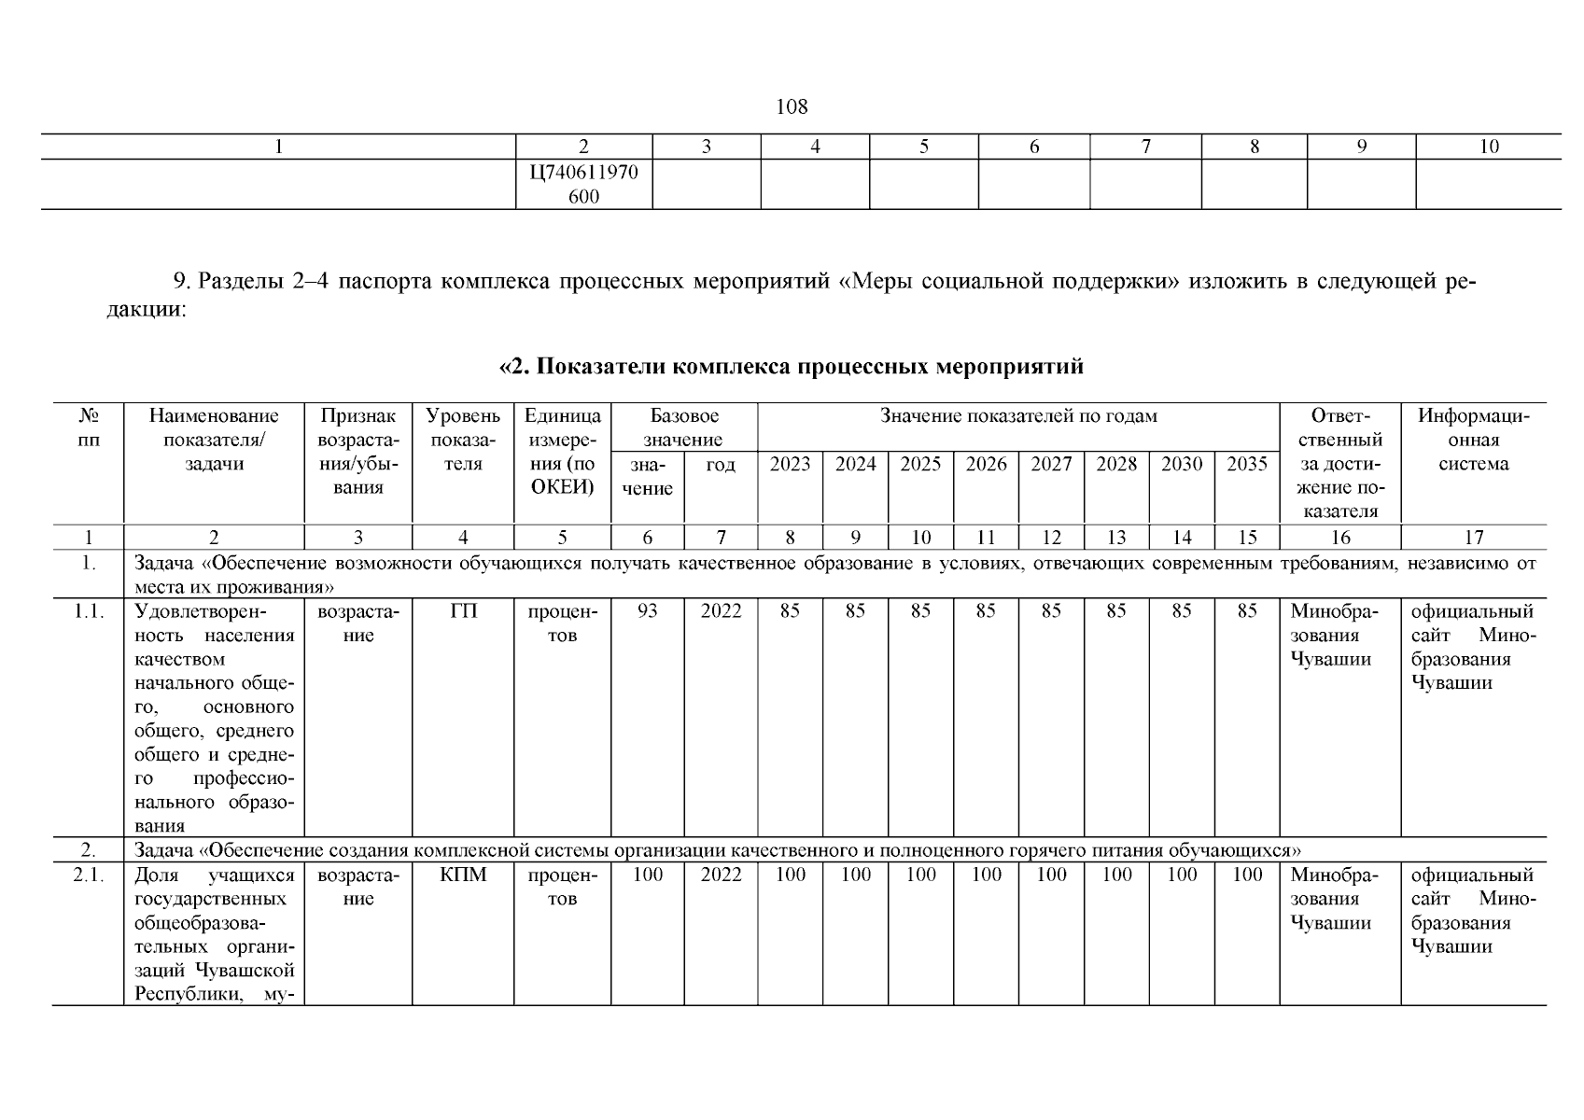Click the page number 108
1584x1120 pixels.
(x=792, y=106)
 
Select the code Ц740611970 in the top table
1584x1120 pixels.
(x=583, y=173)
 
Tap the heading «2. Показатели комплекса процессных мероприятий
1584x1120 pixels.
(x=792, y=367)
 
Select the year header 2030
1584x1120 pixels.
(x=1182, y=464)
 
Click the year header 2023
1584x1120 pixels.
(x=790, y=464)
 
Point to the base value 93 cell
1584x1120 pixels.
(x=647, y=611)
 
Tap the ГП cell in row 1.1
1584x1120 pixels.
(x=463, y=611)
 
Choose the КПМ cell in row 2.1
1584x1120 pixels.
(x=463, y=875)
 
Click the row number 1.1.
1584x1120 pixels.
(x=89, y=611)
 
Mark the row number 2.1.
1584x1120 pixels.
(x=89, y=875)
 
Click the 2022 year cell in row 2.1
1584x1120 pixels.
(x=721, y=875)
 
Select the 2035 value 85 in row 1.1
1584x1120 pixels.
(x=1246, y=611)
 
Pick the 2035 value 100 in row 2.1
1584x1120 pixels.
(x=1246, y=875)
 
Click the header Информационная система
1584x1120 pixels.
(x=1473, y=440)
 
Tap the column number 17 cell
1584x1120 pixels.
(x=1473, y=538)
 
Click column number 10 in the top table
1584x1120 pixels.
(x=1489, y=147)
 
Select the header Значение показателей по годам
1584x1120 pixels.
(x=1018, y=416)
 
